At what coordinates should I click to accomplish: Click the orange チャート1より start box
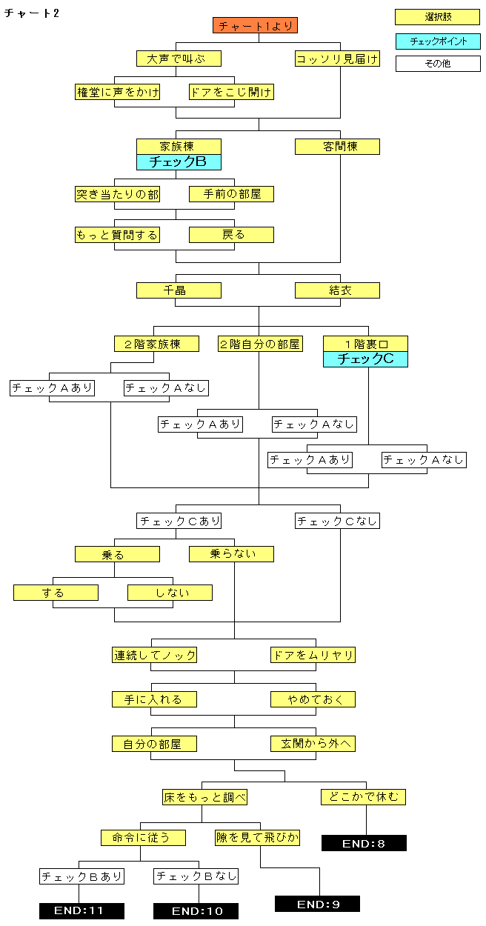tap(256, 26)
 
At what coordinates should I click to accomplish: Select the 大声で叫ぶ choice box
tap(179, 59)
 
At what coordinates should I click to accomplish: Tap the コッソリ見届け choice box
tap(337, 59)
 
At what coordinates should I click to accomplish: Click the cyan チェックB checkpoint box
tap(179, 162)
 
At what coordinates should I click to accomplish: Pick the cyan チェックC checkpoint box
tap(365, 359)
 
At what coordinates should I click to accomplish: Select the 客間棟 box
tap(337, 147)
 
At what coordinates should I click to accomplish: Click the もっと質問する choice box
tap(117, 235)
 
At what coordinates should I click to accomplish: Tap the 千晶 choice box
tap(179, 290)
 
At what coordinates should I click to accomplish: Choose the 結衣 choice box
tap(337, 290)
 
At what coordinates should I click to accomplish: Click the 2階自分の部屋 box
tap(260, 344)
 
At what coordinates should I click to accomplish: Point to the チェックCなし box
tap(337, 521)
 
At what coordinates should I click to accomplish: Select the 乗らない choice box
tap(231, 554)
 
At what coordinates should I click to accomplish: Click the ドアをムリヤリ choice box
tap(313, 655)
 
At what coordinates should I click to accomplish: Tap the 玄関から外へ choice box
tap(313, 744)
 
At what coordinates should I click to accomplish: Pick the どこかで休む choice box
tap(364, 797)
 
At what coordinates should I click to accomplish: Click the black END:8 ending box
tap(364, 843)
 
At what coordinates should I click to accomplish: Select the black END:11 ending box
tap(81, 911)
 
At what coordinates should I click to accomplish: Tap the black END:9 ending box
tap(317, 904)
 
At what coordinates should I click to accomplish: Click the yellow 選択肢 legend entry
tap(437, 17)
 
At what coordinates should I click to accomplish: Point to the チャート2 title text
tap(32, 14)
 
